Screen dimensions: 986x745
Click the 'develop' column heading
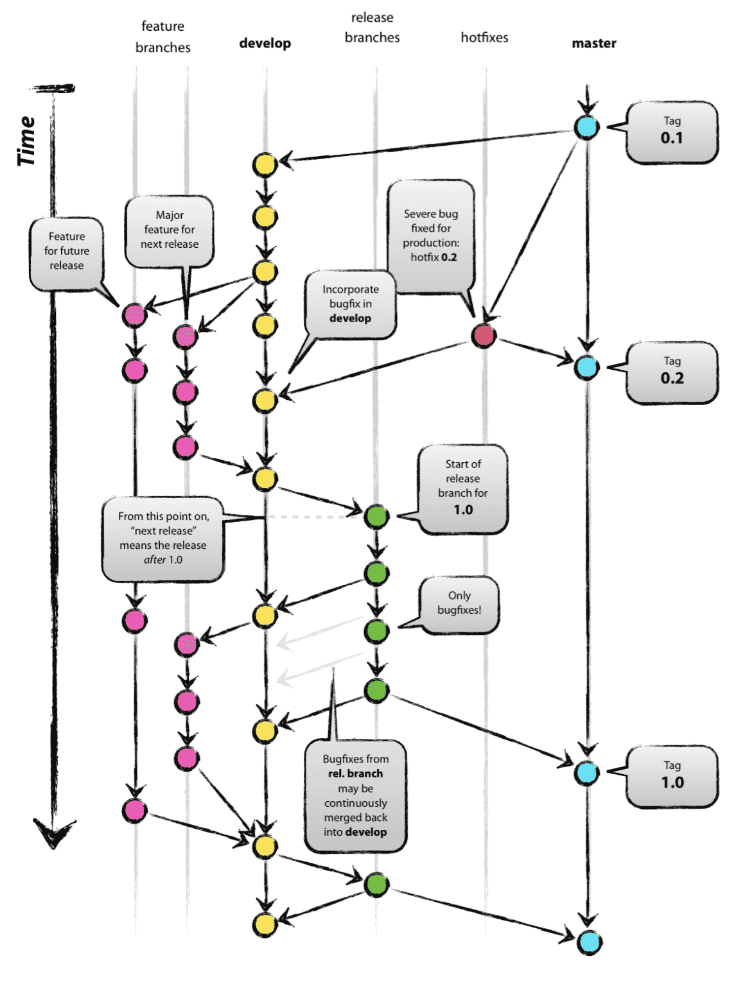pyautogui.click(x=265, y=43)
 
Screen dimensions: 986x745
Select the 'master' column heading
pyautogui.click(x=593, y=43)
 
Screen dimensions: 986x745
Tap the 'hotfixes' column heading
pyautogui.click(x=484, y=37)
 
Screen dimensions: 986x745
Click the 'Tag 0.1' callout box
pyautogui.click(x=672, y=132)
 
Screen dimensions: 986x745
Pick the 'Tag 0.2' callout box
pyautogui.click(x=672, y=372)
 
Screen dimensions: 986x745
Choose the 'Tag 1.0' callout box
pyautogui.click(x=672, y=776)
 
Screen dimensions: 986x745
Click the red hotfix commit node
pyautogui.click(x=484, y=335)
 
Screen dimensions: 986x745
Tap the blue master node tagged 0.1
pyautogui.click(x=586, y=127)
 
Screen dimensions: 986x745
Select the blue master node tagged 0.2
pyautogui.click(x=586, y=367)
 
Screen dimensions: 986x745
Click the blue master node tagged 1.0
pyautogui.click(x=586, y=772)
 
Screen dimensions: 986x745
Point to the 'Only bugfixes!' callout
pyautogui.click(x=459, y=603)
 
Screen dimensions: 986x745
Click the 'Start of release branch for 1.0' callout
pyautogui.click(x=462, y=488)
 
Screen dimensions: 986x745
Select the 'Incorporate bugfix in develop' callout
pyautogui.click(x=350, y=304)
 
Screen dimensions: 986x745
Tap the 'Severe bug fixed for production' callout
pyautogui.click(x=431, y=236)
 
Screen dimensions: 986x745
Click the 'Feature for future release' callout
pyautogui.click(x=67, y=252)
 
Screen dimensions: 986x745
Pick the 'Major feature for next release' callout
pyautogui.click(x=170, y=230)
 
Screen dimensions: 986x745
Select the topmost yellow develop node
pyautogui.click(x=265, y=165)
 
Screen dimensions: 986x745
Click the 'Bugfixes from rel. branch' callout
pyautogui.click(x=355, y=796)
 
